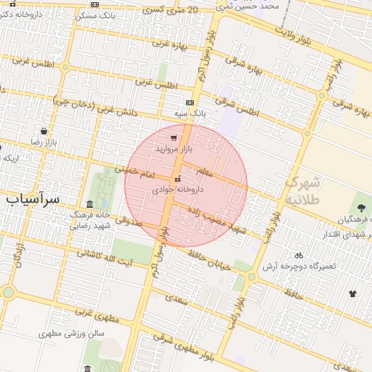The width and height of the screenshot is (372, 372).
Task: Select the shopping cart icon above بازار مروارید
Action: (173, 137)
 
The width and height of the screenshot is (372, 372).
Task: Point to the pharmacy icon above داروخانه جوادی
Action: (177, 179)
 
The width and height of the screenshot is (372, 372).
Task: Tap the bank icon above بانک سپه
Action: (190, 103)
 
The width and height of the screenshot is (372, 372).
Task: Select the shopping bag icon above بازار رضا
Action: (45, 132)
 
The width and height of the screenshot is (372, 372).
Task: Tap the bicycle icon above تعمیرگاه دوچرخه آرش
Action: (299, 255)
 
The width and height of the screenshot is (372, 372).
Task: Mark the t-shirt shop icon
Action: (353, 294)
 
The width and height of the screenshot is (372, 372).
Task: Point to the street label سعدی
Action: (176, 297)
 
